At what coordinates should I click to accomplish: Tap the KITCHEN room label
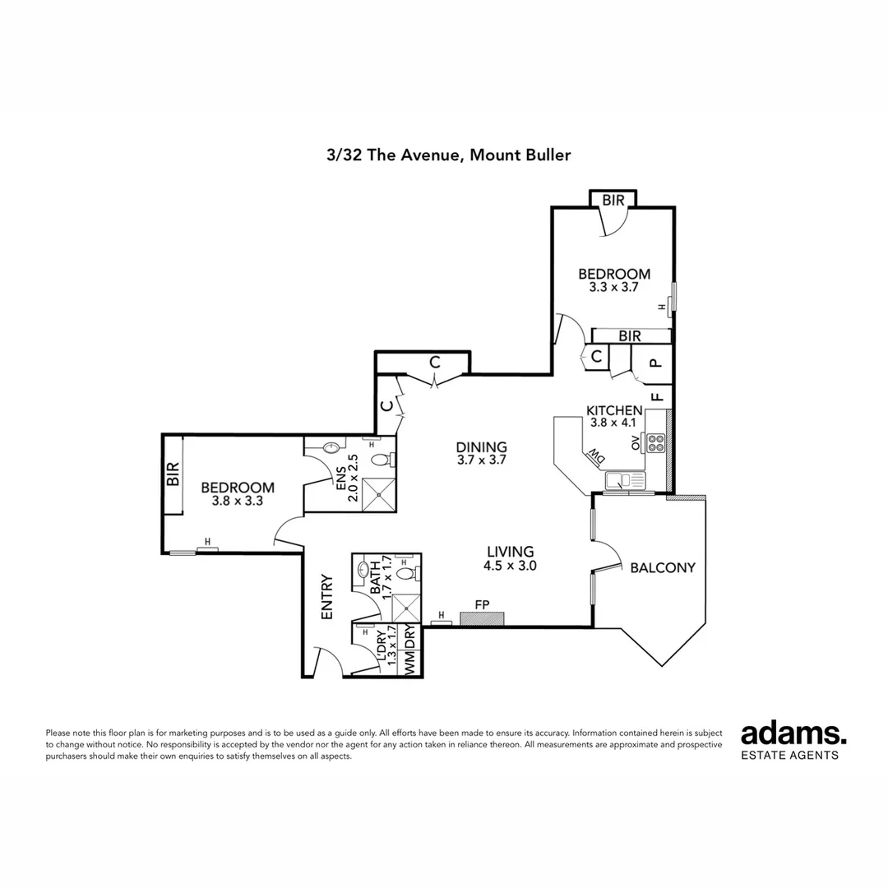613,410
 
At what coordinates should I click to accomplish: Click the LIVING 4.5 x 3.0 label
510,558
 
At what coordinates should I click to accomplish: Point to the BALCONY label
663,567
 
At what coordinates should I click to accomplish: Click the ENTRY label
326,596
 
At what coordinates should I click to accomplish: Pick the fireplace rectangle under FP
483,618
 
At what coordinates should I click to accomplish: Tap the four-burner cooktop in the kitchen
657,443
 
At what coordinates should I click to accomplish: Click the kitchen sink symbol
626,480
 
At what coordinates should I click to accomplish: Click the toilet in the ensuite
382,460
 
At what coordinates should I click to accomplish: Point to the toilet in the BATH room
405,572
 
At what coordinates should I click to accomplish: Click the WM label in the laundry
409,664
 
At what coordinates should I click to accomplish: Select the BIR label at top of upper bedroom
613,200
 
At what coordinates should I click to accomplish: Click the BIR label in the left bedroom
173,475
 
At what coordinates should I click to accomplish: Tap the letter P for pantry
655,363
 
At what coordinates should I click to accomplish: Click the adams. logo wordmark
793,733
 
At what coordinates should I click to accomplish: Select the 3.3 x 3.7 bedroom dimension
613,289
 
